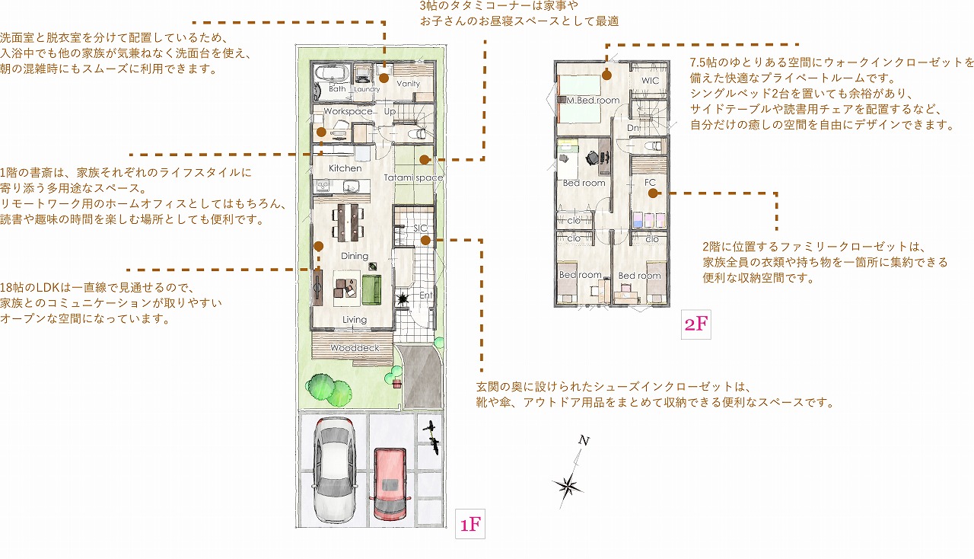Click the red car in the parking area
point(390,484)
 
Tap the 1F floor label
point(470,524)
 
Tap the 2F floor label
point(695,324)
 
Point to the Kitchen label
point(345,168)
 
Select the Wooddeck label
point(355,348)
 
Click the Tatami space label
point(413,177)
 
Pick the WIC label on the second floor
point(650,81)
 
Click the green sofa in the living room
point(371,289)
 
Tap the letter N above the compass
point(584,441)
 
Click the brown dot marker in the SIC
point(425,241)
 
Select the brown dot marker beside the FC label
point(653,193)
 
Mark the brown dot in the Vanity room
point(384,78)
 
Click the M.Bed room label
point(593,100)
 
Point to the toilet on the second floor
point(654,145)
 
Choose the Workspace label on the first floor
point(348,111)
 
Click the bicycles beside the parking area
point(431,438)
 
